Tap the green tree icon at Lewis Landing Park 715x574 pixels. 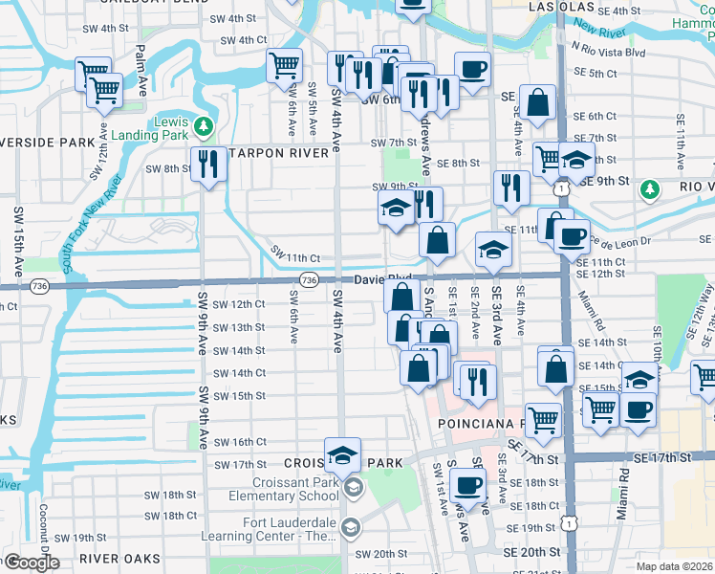tap(202, 125)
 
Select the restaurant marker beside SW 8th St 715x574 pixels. tap(206, 165)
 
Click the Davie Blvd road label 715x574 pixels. tap(382, 279)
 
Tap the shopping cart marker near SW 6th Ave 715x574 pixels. tap(284, 66)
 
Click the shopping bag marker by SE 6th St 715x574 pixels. tap(538, 104)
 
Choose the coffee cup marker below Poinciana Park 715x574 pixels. tap(466, 486)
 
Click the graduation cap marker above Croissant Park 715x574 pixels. tap(342, 455)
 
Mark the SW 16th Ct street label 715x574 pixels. tap(240, 442)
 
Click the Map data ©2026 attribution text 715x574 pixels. tap(675, 566)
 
